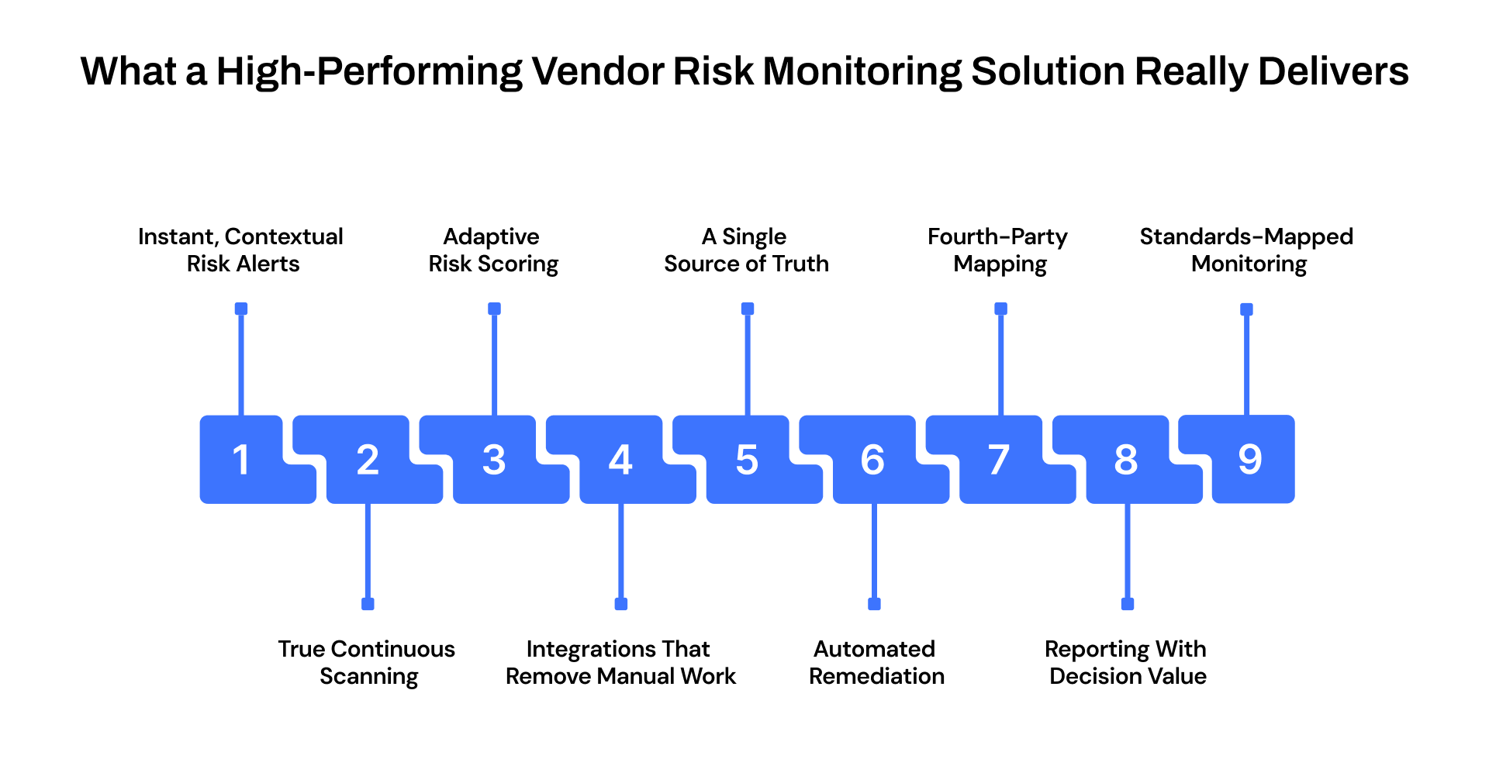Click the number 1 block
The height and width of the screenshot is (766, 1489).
click(241, 459)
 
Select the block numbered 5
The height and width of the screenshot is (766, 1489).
click(747, 459)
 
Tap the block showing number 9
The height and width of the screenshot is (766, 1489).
click(1249, 459)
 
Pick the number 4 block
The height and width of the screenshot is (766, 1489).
click(620, 459)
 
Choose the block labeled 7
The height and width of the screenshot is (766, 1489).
click(999, 459)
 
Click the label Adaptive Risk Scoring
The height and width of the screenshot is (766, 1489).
click(492, 250)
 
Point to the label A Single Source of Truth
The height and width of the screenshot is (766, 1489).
click(746, 250)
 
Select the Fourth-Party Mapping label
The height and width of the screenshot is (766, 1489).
click(998, 250)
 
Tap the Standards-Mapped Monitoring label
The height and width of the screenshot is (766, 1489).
click(1246, 250)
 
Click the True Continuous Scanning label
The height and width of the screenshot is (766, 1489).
click(367, 662)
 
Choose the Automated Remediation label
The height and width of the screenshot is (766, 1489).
click(876, 662)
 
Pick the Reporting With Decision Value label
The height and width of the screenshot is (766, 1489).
click(1127, 662)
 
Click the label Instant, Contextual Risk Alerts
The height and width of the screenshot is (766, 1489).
click(241, 250)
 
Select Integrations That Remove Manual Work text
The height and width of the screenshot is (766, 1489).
click(620, 662)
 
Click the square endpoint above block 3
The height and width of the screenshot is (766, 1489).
click(494, 309)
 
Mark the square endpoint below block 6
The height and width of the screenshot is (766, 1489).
click(874, 604)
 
